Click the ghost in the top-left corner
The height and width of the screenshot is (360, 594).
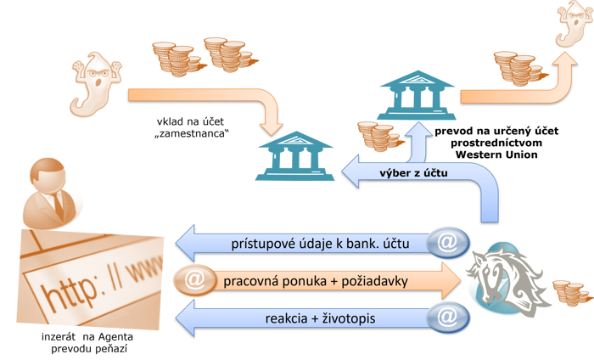click(x=94, y=84)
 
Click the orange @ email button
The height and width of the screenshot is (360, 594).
click(x=193, y=279)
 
